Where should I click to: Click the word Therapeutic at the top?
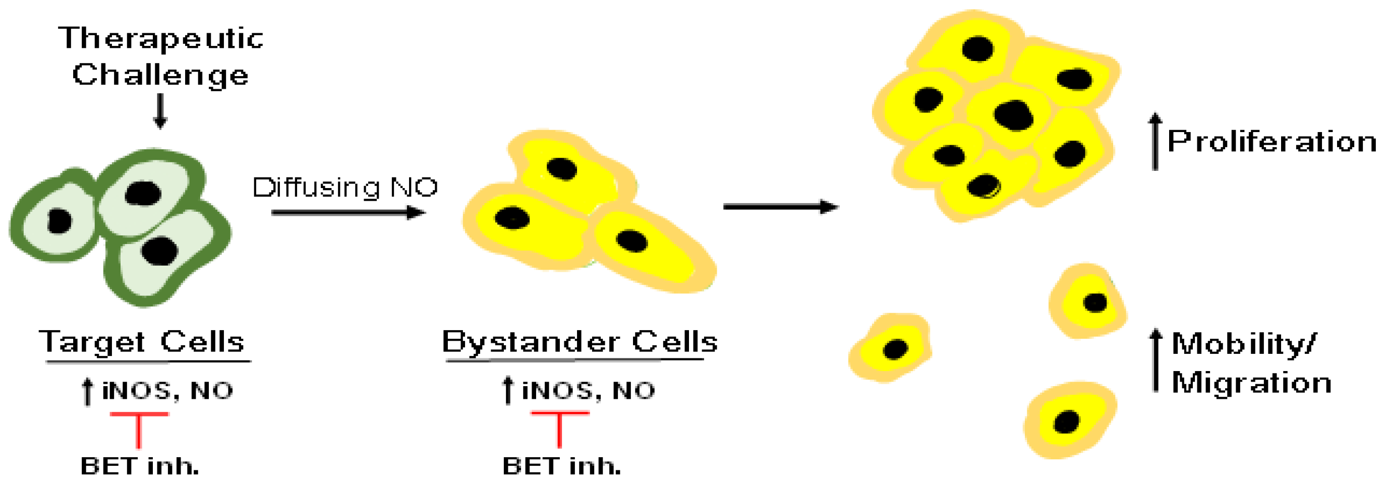click(161, 39)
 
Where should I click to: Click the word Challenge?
click(160, 75)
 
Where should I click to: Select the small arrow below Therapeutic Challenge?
click(160, 111)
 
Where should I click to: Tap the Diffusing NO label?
click(345, 188)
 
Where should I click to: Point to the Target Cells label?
click(142, 342)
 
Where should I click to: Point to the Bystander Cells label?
click(580, 342)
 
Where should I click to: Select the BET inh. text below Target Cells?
click(140, 466)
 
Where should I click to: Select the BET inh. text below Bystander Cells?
click(561, 466)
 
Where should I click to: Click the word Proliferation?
click(1272, 142)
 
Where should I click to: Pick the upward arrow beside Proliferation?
click(1155, 141)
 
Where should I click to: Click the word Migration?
click(1251, 383)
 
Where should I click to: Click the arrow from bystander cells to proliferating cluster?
click(780, 207)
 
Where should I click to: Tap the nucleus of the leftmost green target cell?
click(59, 221)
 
